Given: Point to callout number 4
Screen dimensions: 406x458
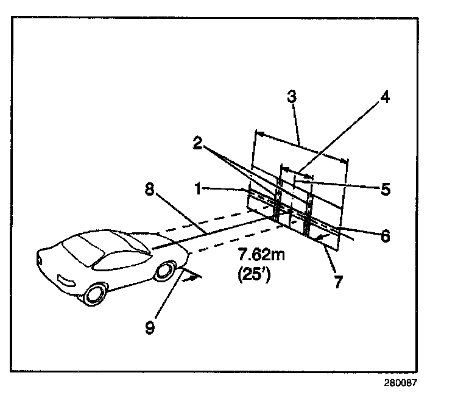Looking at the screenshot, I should pos(385,98).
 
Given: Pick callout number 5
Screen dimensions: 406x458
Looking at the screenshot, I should pos(385,190).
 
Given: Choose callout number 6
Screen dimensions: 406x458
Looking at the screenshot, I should pos(385,236).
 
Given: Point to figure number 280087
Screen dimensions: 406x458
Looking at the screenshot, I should pos(401,384).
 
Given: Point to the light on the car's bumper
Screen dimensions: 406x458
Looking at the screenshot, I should pos(64,280).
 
